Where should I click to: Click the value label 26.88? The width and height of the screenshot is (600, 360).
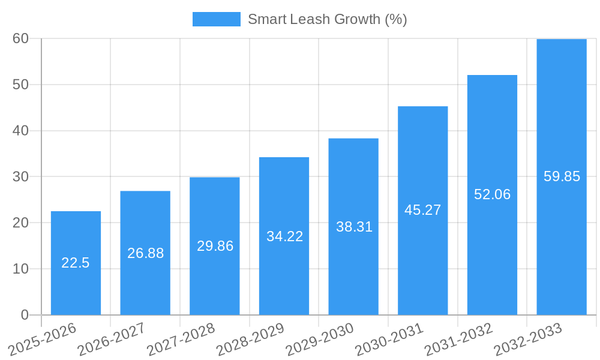[x=145, y=253]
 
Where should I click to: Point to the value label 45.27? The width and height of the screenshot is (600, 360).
[x=422, y=210]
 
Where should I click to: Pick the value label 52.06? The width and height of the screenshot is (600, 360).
[x=492, y=194]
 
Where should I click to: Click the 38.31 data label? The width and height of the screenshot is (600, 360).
[x=354, y=227]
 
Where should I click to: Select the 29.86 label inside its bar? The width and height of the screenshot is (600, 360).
[x=215, y=246]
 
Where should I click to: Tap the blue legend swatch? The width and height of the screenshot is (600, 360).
[x=216, y=19]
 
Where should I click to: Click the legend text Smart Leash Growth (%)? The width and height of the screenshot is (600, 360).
[x=327, y=19]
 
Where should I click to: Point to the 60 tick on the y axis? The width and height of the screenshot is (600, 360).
[x=20, y=38]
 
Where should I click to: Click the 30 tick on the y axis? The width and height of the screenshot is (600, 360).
[x=20, y=176]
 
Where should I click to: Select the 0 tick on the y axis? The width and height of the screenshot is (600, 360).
[x=25, y=315]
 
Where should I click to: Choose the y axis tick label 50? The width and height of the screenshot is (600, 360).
[x=20, y=85]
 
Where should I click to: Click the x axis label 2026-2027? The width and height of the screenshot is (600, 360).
[x=112, y=339]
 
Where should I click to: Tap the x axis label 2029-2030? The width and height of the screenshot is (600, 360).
[x=320, y=339]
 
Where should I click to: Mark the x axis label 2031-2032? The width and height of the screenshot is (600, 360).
[x=459, y=339]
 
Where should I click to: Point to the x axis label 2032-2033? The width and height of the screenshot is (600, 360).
[x=528, y=339]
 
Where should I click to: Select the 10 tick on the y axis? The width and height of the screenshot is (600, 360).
[x=20, y=269]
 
